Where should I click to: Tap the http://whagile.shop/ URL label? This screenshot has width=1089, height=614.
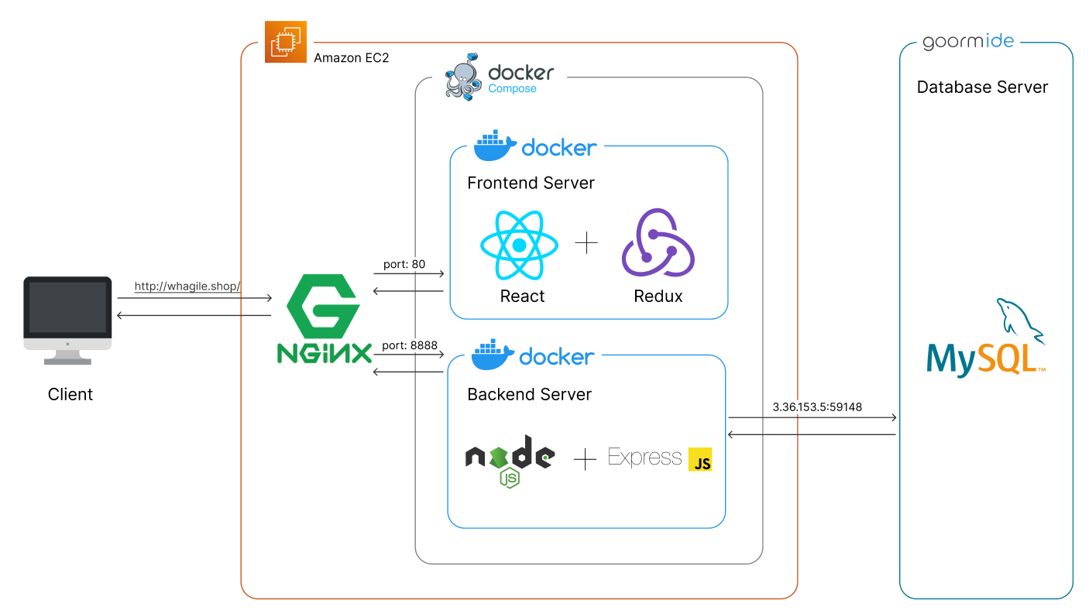coord(187,286)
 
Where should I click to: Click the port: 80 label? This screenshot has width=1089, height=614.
coord(404,264)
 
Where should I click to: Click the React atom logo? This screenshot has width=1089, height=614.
coord(519,245)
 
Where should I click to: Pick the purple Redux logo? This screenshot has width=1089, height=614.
coord(658,243)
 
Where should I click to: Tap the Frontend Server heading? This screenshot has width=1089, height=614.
coord(531,184)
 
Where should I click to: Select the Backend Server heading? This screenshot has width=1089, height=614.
coord(529,395)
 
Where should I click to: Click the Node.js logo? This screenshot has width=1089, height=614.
coord(510,460)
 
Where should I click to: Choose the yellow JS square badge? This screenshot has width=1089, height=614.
coord(700,458)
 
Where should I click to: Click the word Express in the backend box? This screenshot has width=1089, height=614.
coord(644,457)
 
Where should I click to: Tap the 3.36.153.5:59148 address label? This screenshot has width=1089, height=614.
coord(817,406)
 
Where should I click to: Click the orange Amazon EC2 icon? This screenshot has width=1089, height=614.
coord(286,42)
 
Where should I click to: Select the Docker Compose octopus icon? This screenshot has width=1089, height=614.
coord(465,80)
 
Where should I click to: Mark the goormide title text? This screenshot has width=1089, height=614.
coord(967,42)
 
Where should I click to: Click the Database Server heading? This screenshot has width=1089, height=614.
coord(982,87)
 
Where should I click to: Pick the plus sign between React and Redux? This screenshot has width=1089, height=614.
coord(586,243)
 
